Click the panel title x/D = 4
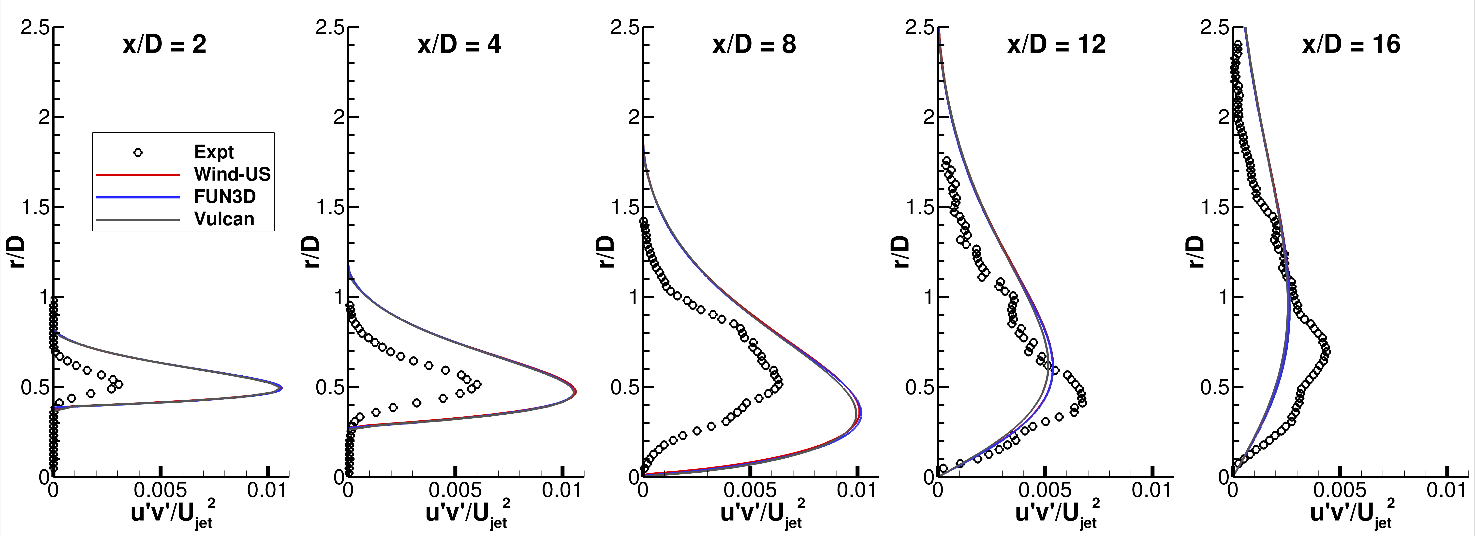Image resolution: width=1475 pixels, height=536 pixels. (459, 45)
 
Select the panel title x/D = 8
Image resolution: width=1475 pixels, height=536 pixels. (754, 45)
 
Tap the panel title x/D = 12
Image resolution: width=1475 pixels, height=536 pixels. (1056, 45)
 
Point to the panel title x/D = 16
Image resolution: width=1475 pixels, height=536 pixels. (1351, 45)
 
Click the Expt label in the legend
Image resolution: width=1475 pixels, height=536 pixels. (214, 152)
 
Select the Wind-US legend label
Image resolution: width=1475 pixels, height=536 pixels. (232, 174)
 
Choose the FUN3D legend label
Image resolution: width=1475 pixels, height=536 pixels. (224, 197)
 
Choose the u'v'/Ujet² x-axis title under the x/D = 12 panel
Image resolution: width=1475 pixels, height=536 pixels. (1056, 514)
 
